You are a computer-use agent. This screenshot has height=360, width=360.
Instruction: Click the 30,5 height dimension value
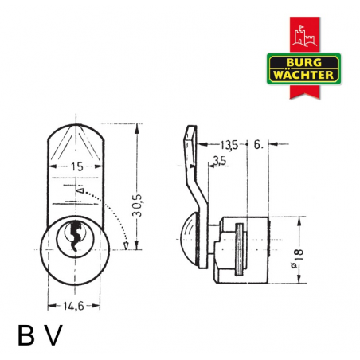[x=137, y=205]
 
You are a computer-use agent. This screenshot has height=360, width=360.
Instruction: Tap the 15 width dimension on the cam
[x=76, y=166]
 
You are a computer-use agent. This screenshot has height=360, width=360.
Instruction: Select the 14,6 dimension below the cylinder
[x=73, y=306]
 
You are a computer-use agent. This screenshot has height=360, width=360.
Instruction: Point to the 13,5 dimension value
[x=229, y=145]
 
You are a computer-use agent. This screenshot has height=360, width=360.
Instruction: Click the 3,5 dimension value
[x=220, y=161]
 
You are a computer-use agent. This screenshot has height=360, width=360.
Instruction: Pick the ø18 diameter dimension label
[x=298, y=259]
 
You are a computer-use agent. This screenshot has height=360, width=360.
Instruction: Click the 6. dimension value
[x=258, y=145]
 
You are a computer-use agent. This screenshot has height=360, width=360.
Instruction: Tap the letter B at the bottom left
[x=26, y=335]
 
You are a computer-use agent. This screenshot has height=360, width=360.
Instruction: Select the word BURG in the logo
[x=303, y=62]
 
